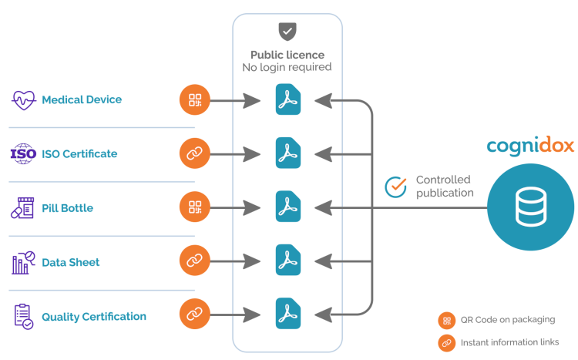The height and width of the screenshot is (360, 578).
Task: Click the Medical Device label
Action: coord(82,100)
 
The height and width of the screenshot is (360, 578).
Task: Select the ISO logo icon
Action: coord(22,153)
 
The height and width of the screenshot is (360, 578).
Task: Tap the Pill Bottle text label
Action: coord(68,208)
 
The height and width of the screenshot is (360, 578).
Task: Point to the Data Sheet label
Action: coord(71,262)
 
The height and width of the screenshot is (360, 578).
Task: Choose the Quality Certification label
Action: coord(94,316)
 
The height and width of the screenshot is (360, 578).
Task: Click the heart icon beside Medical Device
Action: coord(22,100)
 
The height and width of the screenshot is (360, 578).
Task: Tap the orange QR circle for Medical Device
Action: coord(194,100)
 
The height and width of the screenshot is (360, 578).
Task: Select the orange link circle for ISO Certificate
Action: coord(194,153)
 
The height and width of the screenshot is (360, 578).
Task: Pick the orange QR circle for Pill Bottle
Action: coord(194,208)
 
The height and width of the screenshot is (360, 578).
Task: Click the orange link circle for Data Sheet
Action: coord(194,261)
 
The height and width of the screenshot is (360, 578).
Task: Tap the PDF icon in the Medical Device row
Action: coord(288,101)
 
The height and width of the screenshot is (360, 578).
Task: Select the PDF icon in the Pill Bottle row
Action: coord(288,208)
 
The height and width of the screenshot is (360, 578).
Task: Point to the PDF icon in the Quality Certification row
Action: coord(288,315)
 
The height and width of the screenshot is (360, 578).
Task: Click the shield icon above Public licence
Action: coord(287,32)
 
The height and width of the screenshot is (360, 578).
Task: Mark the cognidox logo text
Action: coord(531,146)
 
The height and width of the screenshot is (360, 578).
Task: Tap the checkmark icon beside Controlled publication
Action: coord(396,187)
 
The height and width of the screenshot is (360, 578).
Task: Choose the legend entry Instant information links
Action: coord(509,341)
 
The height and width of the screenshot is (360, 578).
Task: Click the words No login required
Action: coord(287,67)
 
